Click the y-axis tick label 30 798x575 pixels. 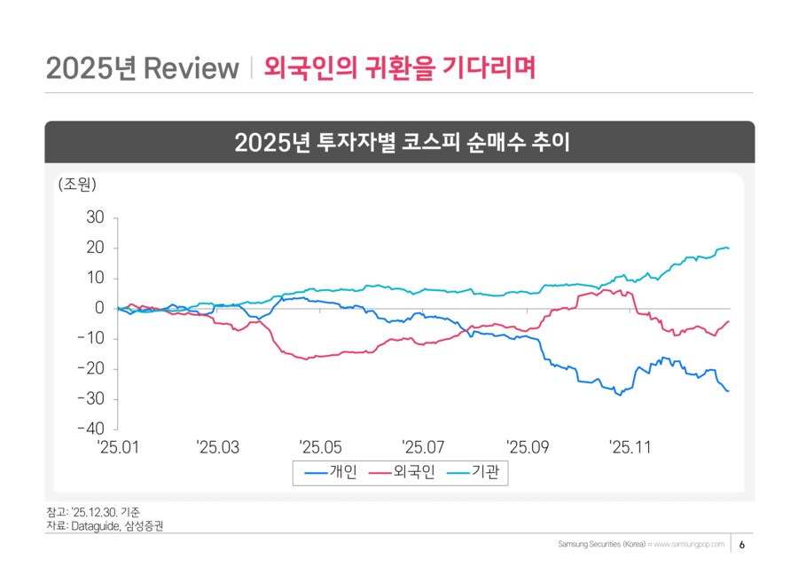point(95,217)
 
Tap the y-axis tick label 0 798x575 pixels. point(99,309)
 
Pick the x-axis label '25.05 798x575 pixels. point(321,447)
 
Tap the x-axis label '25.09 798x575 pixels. point(527,447)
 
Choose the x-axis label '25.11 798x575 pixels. point(630,447)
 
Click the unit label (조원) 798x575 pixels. point(76,185)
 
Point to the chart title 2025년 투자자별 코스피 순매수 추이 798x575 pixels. point(399,142)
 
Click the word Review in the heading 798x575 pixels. point(191,68)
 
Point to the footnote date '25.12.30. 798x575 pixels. point(90,512)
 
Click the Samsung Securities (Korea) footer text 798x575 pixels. point(601,543)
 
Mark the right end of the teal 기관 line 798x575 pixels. point(729,248)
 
